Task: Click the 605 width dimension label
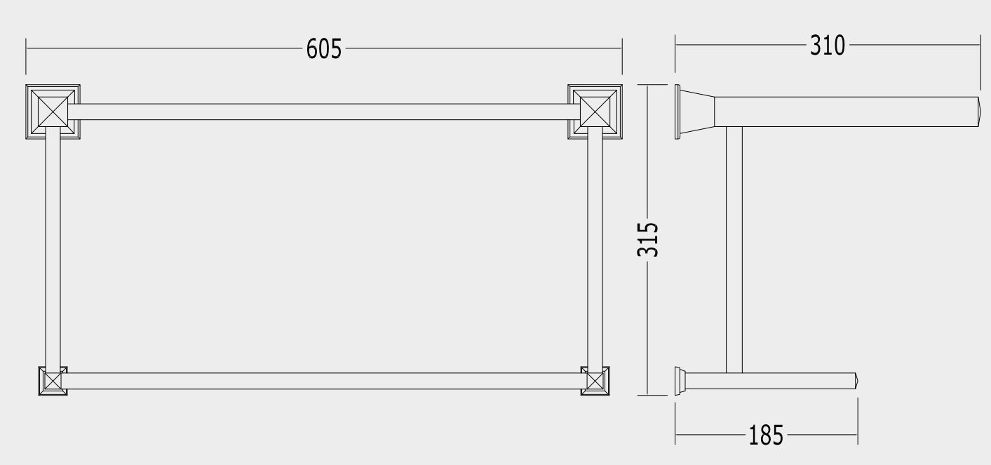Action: point(324,48)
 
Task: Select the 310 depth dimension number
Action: point(828,46)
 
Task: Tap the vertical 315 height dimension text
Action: point(647,239)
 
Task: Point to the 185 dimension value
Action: point(766,435)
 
